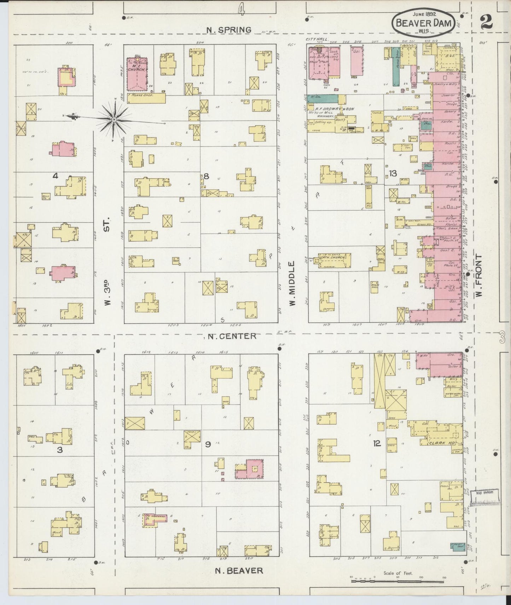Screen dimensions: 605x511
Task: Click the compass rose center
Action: point(114,120)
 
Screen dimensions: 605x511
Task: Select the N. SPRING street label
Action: point(229,30)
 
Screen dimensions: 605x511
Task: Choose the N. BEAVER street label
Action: point(239,570)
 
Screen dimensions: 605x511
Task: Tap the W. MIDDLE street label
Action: point(292,283)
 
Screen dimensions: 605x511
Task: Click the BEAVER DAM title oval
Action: point(422,22)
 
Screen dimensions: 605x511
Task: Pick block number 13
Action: point(393,173)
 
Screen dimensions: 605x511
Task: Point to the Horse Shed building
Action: point(146,98)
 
